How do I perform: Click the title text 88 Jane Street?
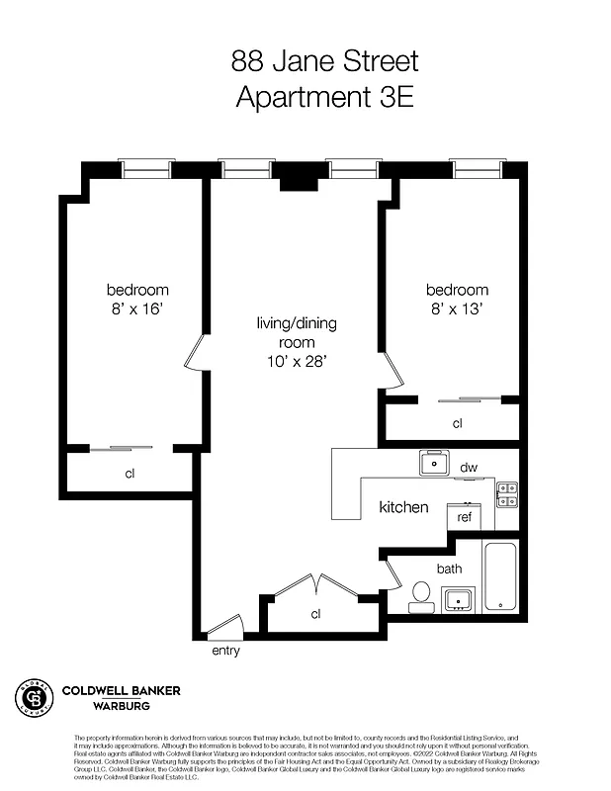[325, 61]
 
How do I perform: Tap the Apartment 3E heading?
[325, 97]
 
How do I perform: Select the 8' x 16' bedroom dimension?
[138, 308]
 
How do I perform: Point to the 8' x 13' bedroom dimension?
[457, 308]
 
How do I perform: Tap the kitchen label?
[404, 507]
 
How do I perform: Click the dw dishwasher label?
[469, 467]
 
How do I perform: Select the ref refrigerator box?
[464, 516]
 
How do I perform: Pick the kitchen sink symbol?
[432, 463]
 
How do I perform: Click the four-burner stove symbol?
[506, 493]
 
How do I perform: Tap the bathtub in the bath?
[500, 576]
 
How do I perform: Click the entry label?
[225, 651]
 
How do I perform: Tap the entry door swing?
[225, 626]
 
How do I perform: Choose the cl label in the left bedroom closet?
[130, 474]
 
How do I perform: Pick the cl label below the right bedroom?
[458, 423]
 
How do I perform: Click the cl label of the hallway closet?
[316, 614]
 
